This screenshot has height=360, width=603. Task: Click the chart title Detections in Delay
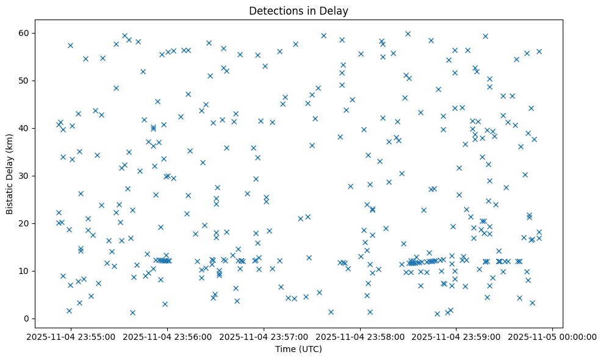(298, 10)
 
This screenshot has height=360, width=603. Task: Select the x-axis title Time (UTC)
(298, 350)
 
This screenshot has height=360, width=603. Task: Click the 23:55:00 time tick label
(71, 336)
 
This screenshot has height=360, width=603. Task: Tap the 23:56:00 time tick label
(167, 336)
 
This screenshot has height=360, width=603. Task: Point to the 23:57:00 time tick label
(264, 336)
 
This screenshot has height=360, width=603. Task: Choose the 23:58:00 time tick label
(360, 336)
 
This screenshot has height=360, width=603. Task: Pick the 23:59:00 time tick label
(457, 336)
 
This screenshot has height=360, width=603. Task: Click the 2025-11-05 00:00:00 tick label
(553, 336)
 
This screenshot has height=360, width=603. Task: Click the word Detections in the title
(275, 10)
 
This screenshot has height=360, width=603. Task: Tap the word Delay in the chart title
(336, 10)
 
